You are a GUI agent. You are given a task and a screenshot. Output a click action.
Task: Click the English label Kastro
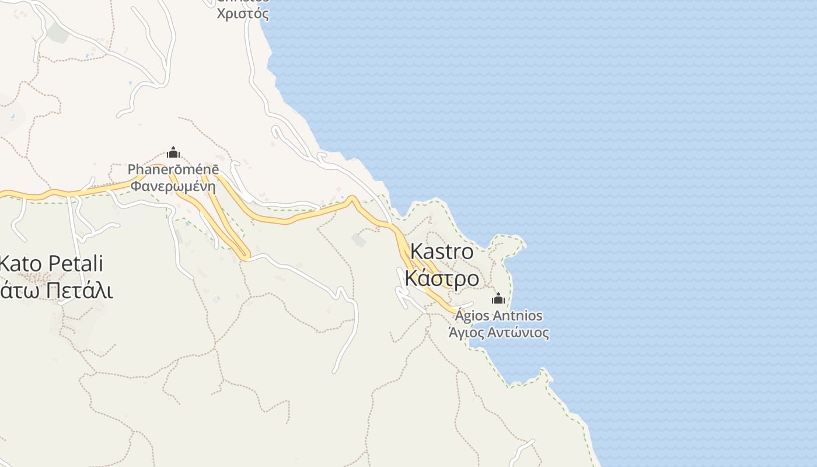442,252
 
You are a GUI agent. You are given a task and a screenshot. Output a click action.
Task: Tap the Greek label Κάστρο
442,278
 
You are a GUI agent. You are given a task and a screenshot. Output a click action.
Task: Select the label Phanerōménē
173,170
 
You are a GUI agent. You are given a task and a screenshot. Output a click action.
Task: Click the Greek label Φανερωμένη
173,187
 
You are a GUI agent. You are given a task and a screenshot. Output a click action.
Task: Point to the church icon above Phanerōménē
173,153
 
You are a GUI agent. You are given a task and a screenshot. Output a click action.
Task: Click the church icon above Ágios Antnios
498,299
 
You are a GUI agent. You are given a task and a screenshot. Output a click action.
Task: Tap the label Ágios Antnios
499,316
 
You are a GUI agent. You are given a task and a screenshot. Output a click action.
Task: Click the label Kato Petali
51,263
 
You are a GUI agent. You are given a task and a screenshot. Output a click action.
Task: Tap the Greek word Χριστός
243,14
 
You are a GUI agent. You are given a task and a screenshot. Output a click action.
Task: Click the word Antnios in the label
518,316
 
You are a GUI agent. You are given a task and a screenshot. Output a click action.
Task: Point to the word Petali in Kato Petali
76,263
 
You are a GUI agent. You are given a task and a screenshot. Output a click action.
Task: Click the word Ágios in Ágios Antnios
473,316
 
